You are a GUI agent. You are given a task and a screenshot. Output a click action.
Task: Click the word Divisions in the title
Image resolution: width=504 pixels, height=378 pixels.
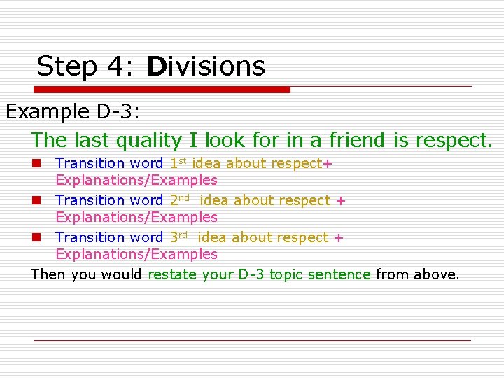click(206, 66)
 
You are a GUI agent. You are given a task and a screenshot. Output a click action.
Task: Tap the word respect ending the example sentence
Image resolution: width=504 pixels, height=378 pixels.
click(453, 141)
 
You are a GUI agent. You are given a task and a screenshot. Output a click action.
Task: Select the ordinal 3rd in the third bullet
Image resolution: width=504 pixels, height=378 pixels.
click(180, 237)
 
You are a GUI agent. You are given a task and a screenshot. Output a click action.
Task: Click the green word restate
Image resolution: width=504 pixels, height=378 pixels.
click(172, 274)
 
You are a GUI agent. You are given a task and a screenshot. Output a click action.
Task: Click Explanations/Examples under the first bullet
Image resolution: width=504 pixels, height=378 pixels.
click(136, 181)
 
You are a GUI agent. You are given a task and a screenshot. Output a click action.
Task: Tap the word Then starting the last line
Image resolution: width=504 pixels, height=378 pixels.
click(48, 274)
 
